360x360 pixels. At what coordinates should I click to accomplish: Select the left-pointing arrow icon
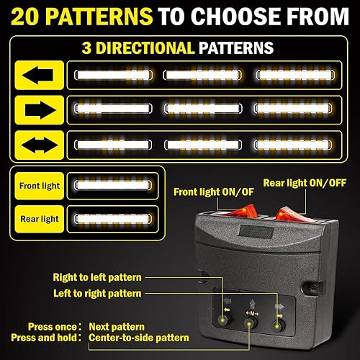35,74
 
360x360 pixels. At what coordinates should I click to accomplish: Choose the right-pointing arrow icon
35,108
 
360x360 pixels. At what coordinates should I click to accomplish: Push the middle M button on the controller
251,325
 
